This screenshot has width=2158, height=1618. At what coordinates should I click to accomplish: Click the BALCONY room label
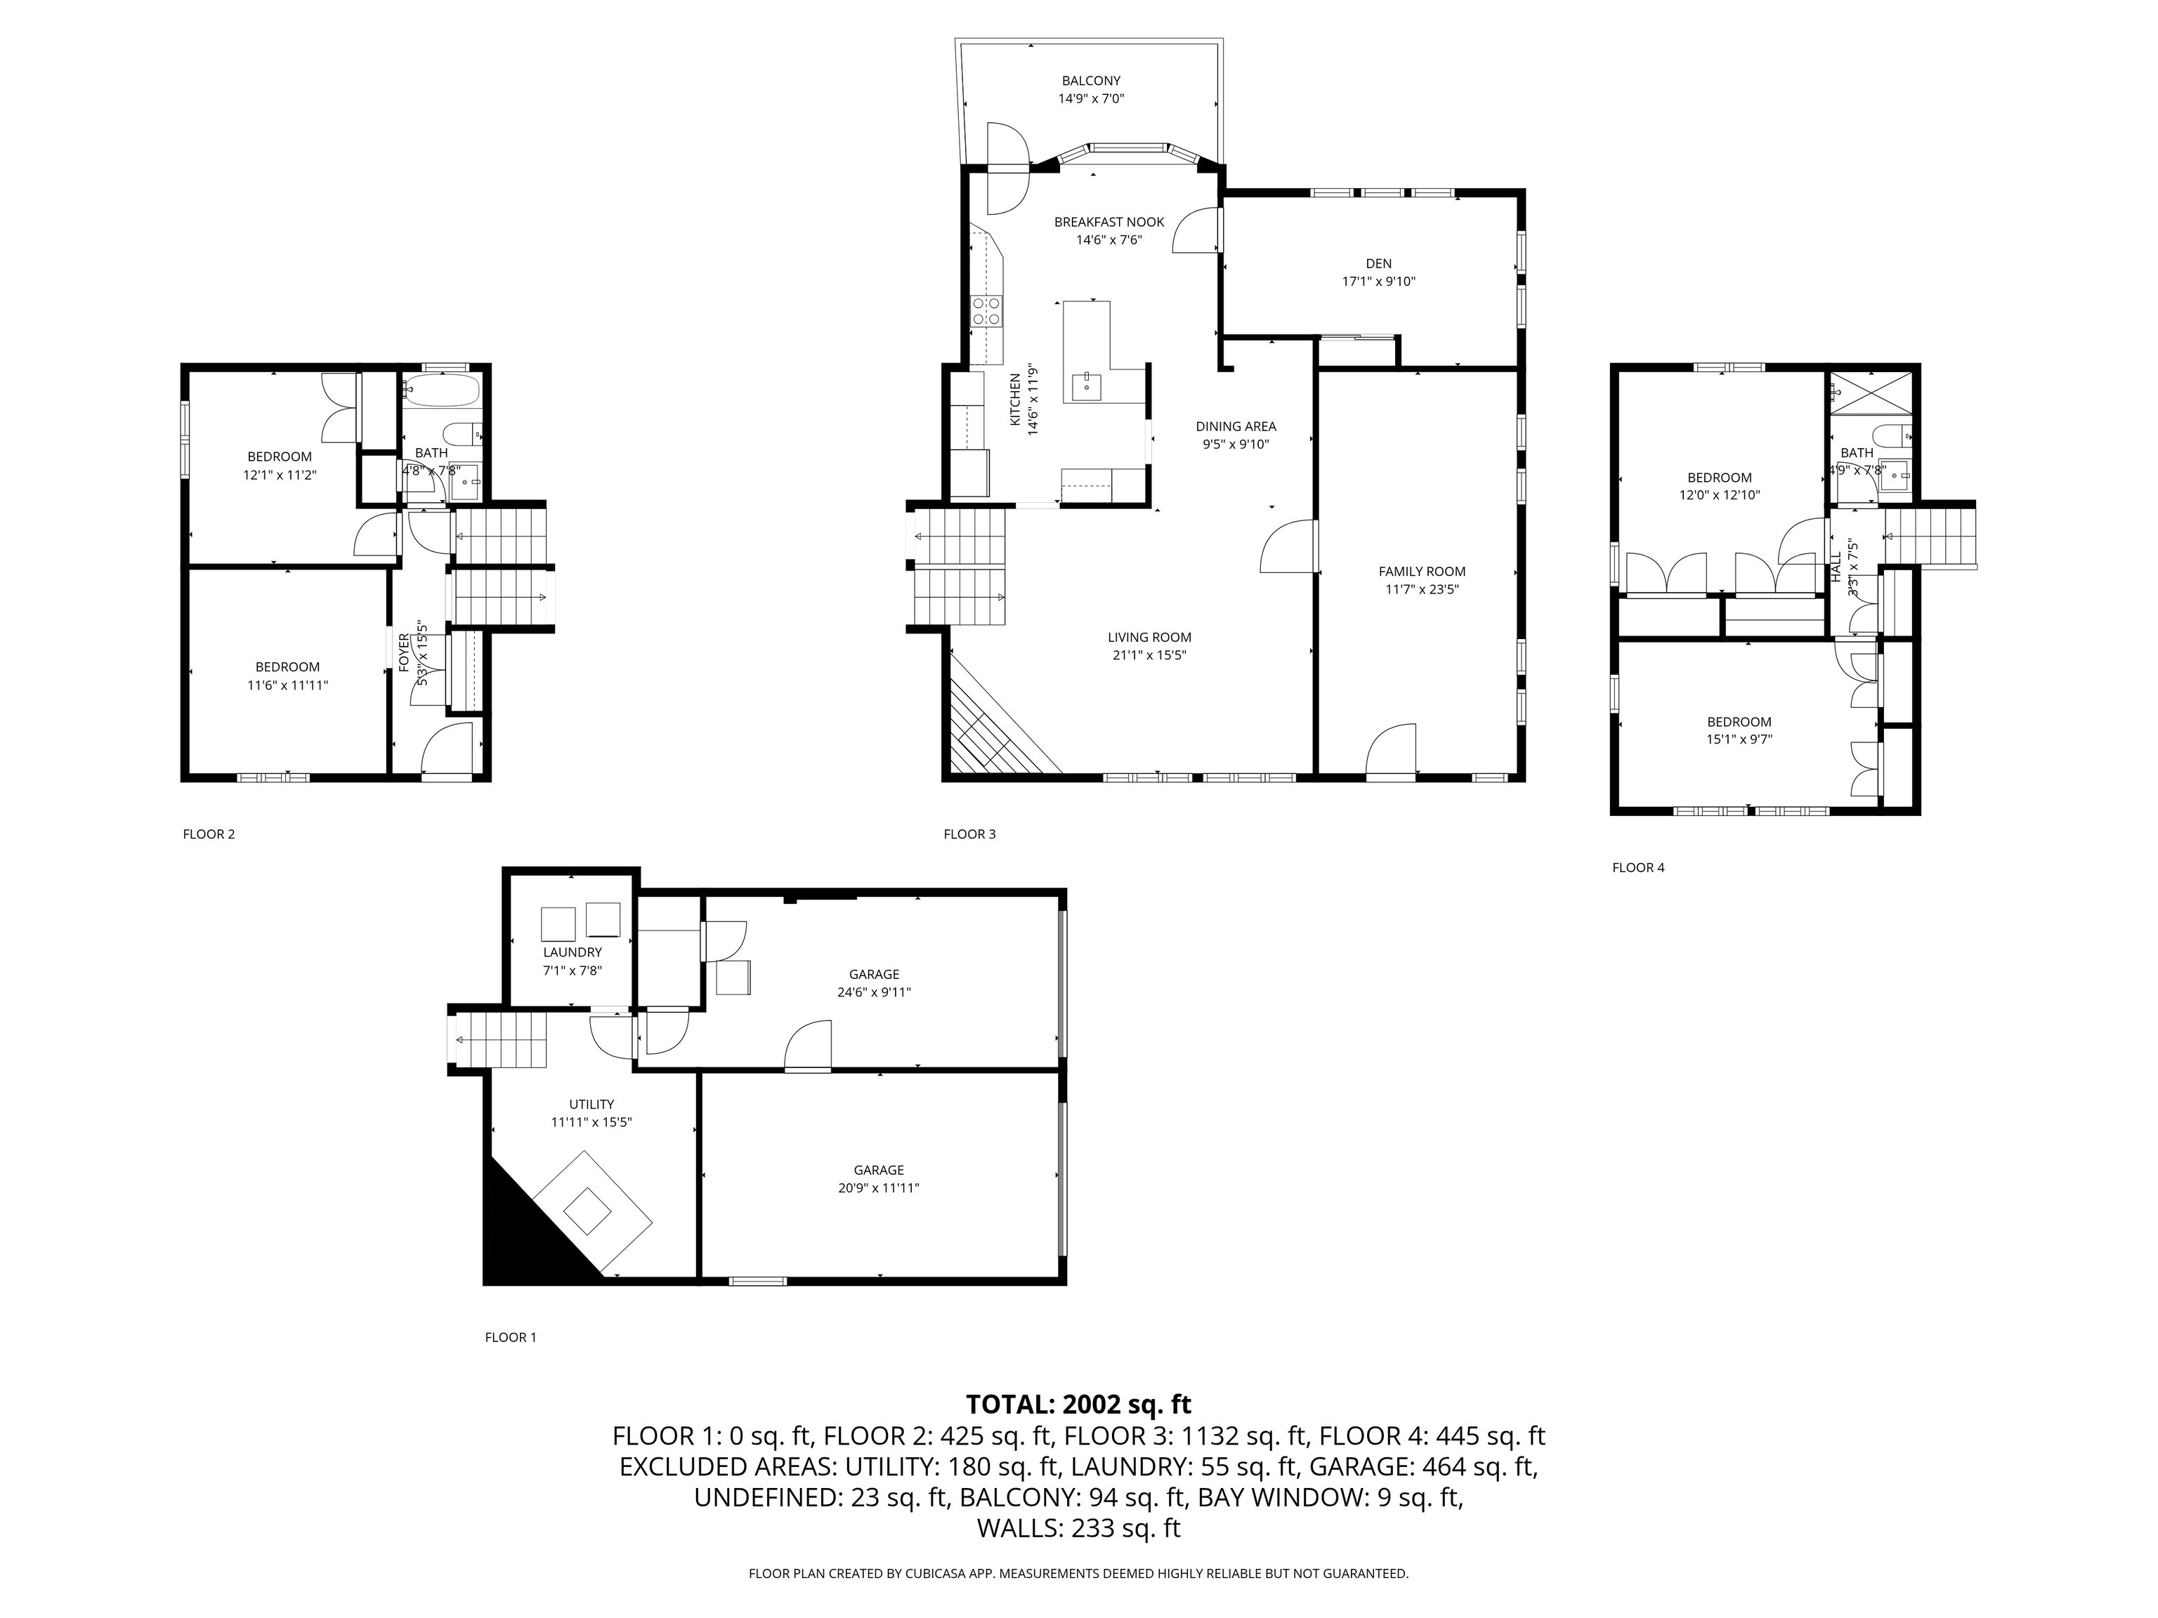(1091, 81)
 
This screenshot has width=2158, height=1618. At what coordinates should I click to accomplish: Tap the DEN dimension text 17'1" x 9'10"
(1378, 282)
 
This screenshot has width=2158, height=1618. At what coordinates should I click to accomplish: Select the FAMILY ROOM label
(1421, 572)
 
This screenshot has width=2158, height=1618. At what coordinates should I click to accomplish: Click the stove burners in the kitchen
(986, 311)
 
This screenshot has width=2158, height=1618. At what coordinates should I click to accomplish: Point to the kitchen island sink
(1087, 386)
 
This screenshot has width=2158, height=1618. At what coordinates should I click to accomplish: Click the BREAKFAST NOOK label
(1109, 223)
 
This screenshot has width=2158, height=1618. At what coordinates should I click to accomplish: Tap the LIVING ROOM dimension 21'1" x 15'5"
(1149, 655)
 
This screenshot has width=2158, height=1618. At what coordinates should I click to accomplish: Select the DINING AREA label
(1236, 426)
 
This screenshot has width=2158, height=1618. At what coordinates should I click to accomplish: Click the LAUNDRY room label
(573, 952)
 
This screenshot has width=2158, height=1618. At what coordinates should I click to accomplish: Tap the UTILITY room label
(591, 1104)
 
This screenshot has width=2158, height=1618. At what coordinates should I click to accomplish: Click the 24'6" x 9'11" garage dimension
(874, 992)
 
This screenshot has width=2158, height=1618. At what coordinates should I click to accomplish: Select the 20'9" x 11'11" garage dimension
(879, 1188)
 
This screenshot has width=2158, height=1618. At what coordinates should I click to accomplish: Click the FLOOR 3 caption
(969, 834)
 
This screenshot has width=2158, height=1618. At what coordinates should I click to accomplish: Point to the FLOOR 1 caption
(510, 1337)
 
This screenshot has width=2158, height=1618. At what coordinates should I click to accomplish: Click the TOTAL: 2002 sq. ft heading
(1078, 1405)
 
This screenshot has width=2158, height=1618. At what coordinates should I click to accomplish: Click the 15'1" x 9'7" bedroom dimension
(1739, 739)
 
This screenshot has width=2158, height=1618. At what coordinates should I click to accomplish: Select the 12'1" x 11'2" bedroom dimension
(280, 475)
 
